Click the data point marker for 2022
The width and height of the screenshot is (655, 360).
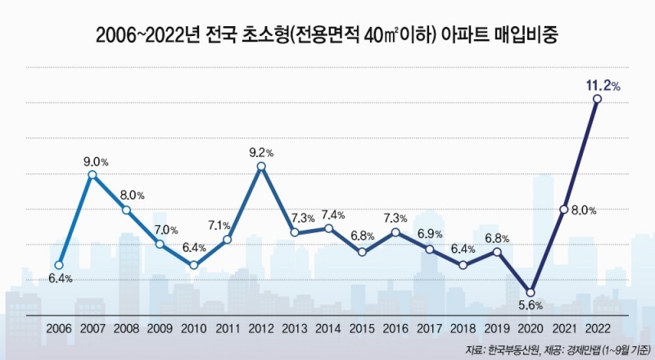597,99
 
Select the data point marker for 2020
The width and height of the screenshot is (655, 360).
530,292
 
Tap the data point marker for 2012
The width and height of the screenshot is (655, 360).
261,167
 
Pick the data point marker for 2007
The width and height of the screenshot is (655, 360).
93,174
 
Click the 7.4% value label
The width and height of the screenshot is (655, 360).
332,214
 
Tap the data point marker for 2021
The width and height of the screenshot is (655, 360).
563,209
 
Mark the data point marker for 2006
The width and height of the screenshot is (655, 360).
59,265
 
